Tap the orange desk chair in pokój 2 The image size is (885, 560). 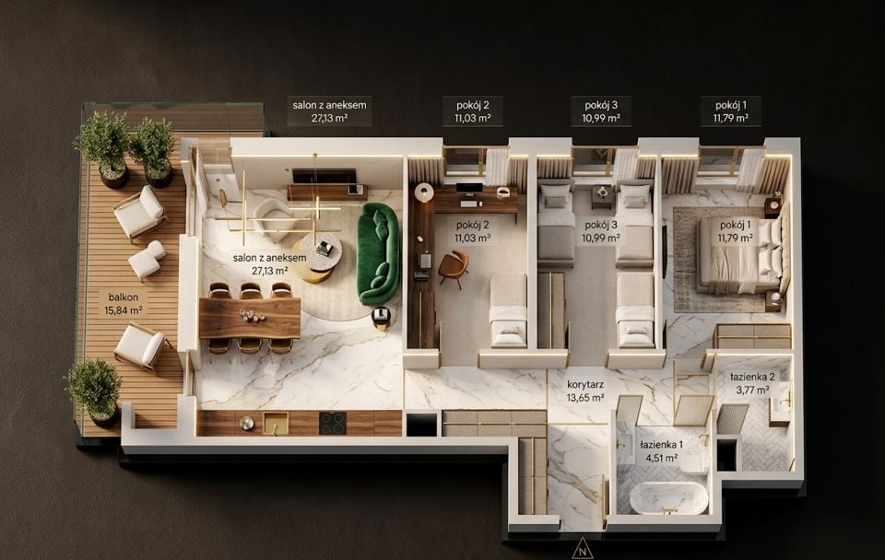coord(454,267)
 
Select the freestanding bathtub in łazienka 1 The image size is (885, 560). coord(668,497)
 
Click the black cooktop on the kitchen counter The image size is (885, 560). coord(333,423)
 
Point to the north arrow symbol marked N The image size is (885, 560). coord(583,549)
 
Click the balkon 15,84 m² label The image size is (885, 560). coord(123,303)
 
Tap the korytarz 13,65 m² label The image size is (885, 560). coord(585,391)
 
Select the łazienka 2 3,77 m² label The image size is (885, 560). coord(752,383)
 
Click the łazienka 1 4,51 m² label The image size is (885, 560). coord(662,451)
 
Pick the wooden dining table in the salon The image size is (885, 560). coord(250,319)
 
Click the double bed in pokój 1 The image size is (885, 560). coord(740,255)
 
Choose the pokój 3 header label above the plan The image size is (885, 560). coord(601,111)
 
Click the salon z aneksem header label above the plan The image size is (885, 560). coord(329,111)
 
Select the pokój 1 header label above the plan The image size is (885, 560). coord(731,111)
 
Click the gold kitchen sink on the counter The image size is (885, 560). coord(276,423)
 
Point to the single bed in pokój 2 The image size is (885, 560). coord(508,309)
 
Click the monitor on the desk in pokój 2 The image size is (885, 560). coord(469,189)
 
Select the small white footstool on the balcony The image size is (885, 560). coord(147,260)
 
